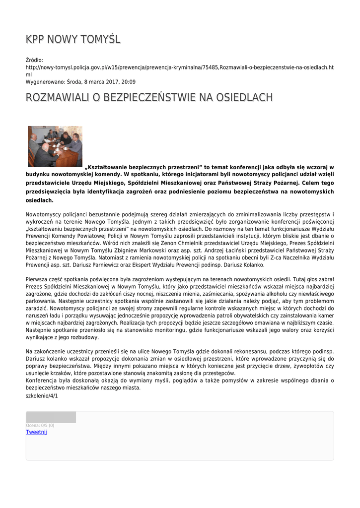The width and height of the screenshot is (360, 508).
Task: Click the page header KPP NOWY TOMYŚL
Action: [73, 39]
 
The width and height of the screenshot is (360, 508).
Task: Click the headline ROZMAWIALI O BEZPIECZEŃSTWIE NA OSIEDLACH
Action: [149, 97]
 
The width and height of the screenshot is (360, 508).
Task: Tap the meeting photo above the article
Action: [55, 146]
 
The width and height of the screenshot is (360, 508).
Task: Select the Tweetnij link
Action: [36, 432]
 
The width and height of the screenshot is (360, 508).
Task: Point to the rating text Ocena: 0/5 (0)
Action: [40, 425]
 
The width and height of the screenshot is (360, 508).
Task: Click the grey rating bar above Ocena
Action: [51, 417]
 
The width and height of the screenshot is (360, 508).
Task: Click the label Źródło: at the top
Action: [34, 60]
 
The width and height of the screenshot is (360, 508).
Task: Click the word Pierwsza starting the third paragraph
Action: [38, 279]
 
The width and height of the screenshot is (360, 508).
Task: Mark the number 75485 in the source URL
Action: [209, 67]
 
